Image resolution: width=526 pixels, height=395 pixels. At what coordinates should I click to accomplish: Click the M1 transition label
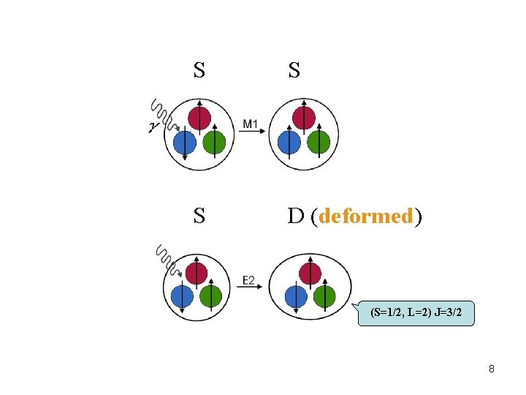[x=250, y=124]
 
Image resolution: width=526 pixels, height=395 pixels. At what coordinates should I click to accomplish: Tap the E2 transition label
[x=249, y=279]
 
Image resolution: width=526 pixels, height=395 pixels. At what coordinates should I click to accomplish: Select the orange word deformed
[x=367, y=217]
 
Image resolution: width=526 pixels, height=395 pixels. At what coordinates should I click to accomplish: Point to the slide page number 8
[x=492, y=369]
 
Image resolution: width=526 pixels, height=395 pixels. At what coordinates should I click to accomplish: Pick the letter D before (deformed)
[x=295, y=217]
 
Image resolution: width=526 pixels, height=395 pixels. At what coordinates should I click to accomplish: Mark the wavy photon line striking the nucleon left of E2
[x=167, y=259]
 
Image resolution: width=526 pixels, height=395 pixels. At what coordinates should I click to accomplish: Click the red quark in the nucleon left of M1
[x=199, y=117]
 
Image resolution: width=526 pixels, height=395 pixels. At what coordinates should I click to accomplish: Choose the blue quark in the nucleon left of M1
[x=186, y=141]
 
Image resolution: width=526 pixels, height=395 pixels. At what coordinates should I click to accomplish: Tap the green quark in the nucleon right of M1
[x=319, y=141]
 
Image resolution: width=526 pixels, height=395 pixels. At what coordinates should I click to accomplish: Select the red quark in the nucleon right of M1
[x=304, y=117]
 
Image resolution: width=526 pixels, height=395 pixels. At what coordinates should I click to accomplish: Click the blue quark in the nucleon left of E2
[x=183, y=296]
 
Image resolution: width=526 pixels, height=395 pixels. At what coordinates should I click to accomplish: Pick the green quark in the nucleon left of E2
[x=210, y=296]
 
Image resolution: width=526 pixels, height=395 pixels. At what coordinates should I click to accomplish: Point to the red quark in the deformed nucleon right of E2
[x=310, y=273]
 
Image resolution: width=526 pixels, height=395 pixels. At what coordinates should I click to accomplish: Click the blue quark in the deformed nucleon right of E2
[x=295, y=296]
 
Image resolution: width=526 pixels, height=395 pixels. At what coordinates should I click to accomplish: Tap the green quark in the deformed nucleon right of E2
[x=324, y=296]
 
